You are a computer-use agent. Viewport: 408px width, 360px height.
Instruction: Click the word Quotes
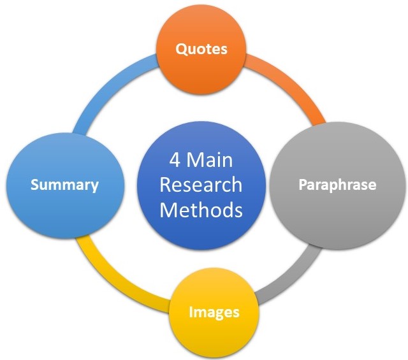click(201, 48)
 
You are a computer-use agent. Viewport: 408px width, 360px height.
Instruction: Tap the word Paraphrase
click(338, 185)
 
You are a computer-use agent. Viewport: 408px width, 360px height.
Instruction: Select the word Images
click(214, 312)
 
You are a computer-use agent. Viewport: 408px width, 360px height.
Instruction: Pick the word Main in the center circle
click(212, 159)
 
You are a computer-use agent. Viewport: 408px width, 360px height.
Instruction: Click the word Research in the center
click(201, 185)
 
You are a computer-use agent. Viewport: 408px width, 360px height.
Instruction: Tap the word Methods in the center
click(201, 210)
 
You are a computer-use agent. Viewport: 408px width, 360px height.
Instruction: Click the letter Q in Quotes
click(180, 48)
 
